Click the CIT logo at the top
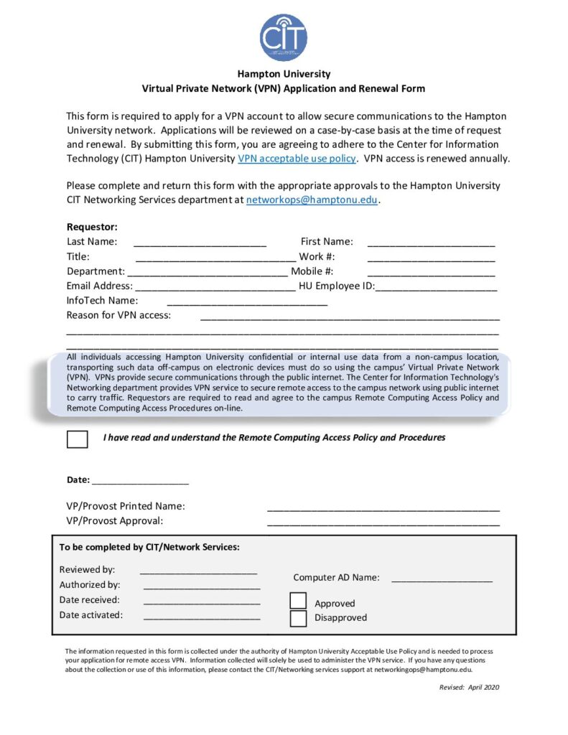(x=284, y=37)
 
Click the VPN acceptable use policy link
(x=297, y=159)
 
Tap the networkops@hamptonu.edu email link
(x=312, y=200)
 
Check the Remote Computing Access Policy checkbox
(x=77, y=439)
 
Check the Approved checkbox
(x=298, y=601)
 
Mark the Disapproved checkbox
(x=298, y=618)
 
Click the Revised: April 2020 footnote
(x=469, y=687)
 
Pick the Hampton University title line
(x=284, y=74)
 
